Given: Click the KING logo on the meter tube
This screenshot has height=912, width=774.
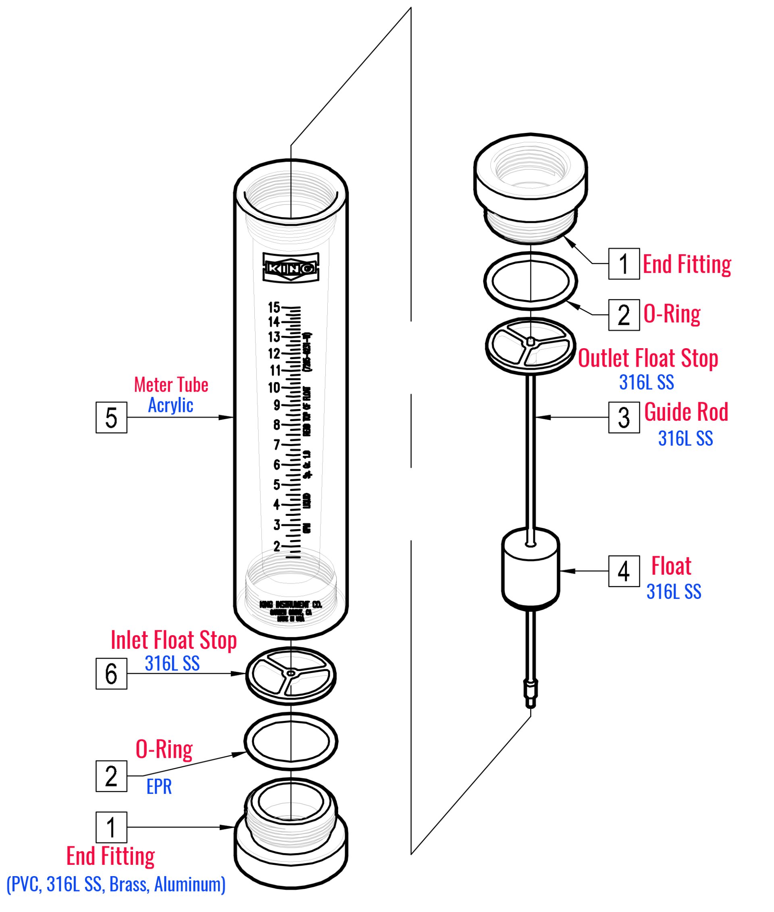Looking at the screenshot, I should tap(291, 267).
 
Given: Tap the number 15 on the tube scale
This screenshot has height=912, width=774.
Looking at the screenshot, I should tap(274, 307).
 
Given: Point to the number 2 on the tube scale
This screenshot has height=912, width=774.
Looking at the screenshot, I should tap(277, 546).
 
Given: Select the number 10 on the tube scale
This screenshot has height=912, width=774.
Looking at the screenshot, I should tap(274, 388).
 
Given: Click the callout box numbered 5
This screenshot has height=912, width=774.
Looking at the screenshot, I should tap(111, 417).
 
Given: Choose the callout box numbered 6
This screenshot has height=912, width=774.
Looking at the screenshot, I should tap(111, 673).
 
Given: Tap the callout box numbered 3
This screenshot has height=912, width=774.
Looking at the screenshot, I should tap(624, 417).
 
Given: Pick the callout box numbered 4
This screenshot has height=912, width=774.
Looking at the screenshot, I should tap(624, 571).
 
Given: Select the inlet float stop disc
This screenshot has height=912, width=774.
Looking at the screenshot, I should tap(291, 675).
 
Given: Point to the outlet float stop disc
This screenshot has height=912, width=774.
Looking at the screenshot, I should tap(531, 347).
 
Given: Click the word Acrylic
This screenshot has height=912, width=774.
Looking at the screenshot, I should tap(170, 405).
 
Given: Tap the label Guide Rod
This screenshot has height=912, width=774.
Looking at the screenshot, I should tap(686, 412).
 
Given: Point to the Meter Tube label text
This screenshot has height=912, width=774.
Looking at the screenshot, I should tap(171, 385).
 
